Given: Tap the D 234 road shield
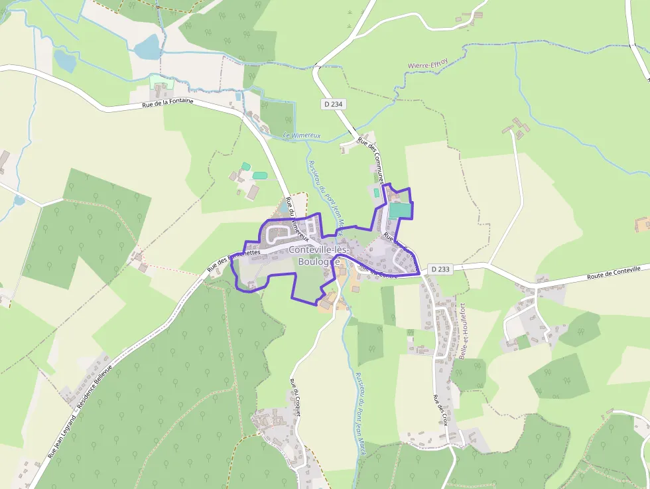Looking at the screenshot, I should coord(334,104).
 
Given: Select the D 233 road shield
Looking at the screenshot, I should coord(440,269).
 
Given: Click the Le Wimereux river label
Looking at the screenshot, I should coord(302,135).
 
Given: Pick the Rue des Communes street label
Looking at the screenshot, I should coord(371,159).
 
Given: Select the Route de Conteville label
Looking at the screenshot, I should coord(614,273).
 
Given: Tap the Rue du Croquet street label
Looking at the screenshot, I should coord(296,397).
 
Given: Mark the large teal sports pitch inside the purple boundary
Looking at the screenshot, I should coord(399,210).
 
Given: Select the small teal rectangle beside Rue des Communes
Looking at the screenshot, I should coord(377,192).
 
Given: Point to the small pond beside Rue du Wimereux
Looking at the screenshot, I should coord(285,208).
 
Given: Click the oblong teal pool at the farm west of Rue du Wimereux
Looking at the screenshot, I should coord(259,175).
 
